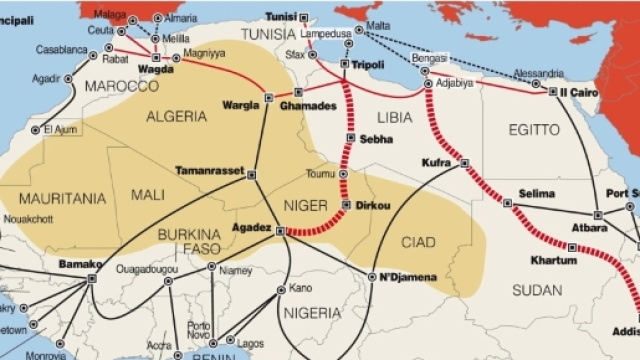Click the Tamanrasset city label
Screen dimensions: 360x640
click(210, 170)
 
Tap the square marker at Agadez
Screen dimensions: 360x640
click(280, 232)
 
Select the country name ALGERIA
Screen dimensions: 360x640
click(176, 116)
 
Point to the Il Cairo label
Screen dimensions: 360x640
click(579, 91)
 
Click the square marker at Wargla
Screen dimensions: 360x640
click(268, 97)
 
